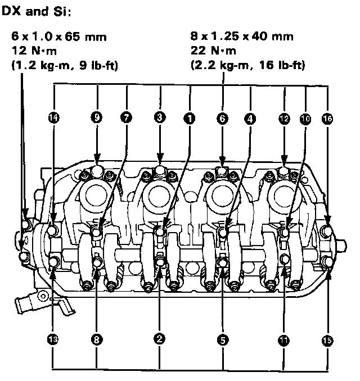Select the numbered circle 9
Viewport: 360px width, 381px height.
click(x=97, y=119)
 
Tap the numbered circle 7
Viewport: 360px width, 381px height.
click(x=127, y=119)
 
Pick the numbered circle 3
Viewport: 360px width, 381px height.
click(x=160, y=119)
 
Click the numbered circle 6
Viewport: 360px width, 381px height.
click(x=222, y=119)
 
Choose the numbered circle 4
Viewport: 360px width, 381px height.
click(x=250, y=119)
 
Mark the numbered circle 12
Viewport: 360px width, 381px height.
click(x=284, y=119)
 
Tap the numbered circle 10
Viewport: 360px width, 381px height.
click(x=305, y=119)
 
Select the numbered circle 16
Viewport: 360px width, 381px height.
click(x=327, y=119)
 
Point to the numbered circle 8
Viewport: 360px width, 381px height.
click(x=97, y=339)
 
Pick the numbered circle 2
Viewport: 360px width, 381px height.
click(x=160, y=339)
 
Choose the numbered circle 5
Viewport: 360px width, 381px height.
click(x=222, y=339)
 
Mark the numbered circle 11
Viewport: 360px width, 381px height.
click(x=284, y=339)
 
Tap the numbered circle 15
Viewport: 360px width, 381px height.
click(x=327, y=339)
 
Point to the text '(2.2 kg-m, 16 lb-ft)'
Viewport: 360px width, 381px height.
click(x=248, y=65)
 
